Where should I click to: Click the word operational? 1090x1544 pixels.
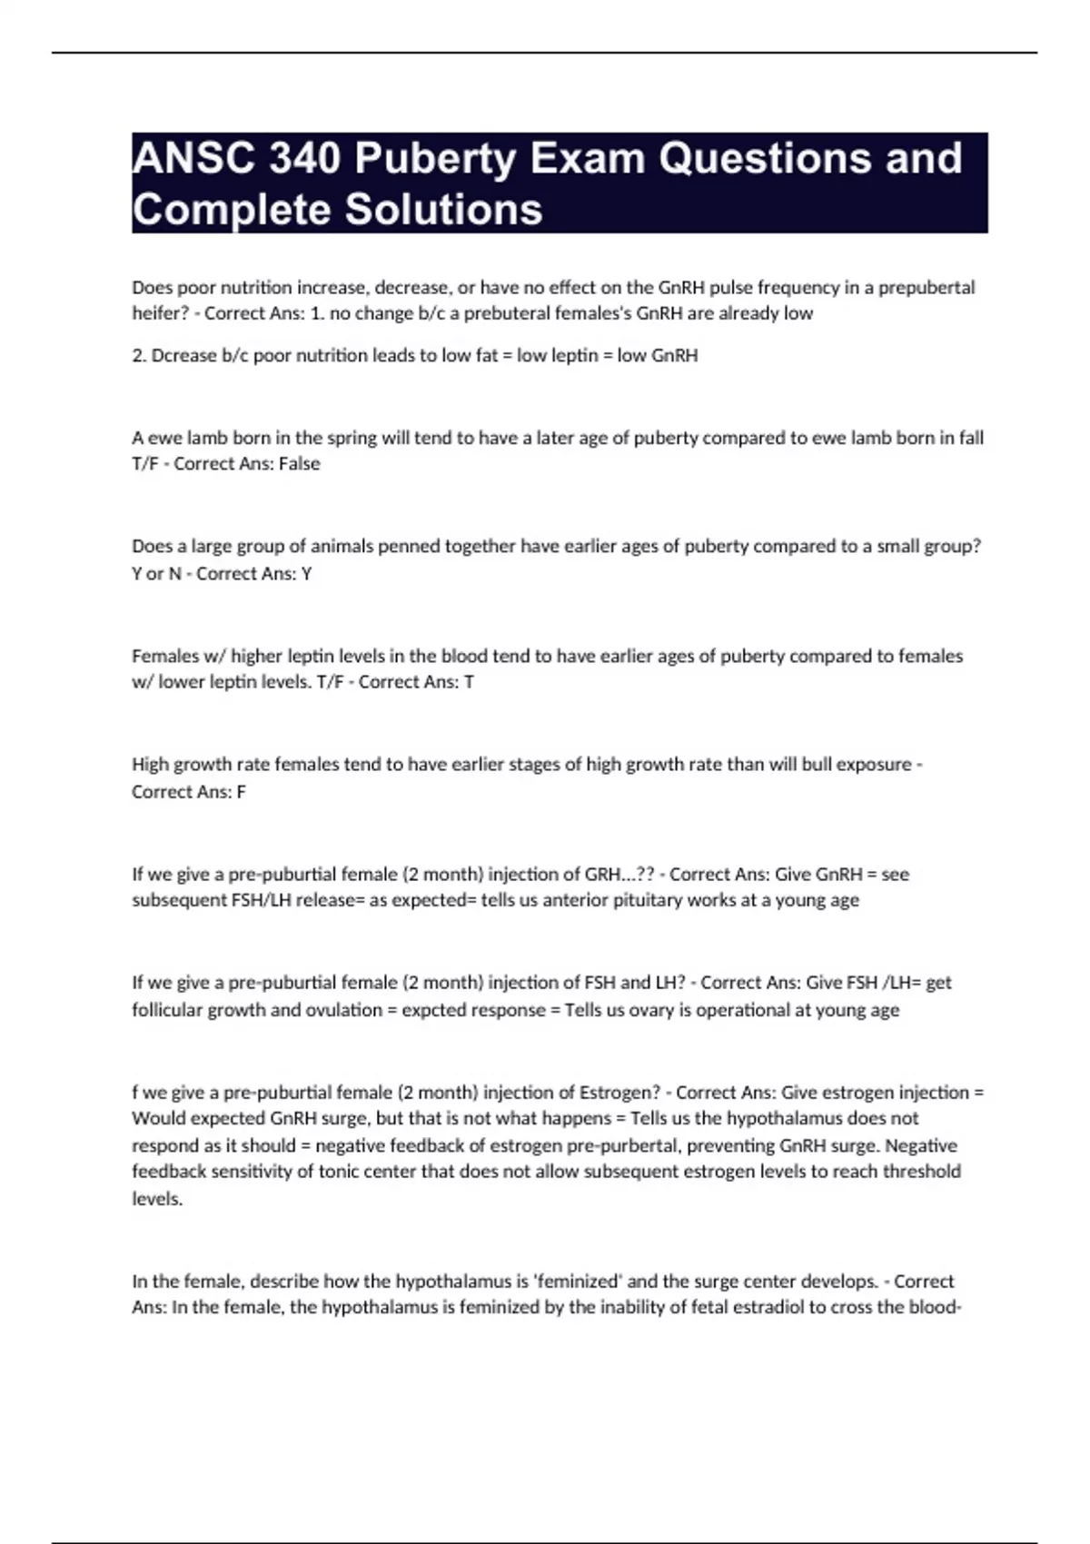(x=743, y=1010)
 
